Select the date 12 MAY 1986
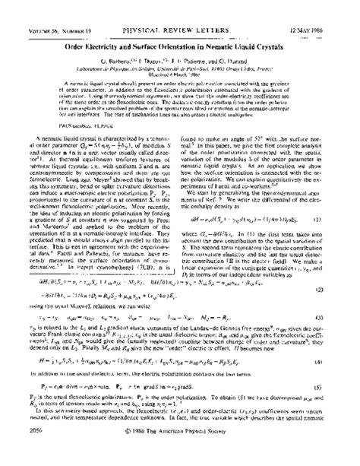[x=319, y=9]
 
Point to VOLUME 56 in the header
[x=30, y=9]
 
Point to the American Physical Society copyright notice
[x=180, y=450]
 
